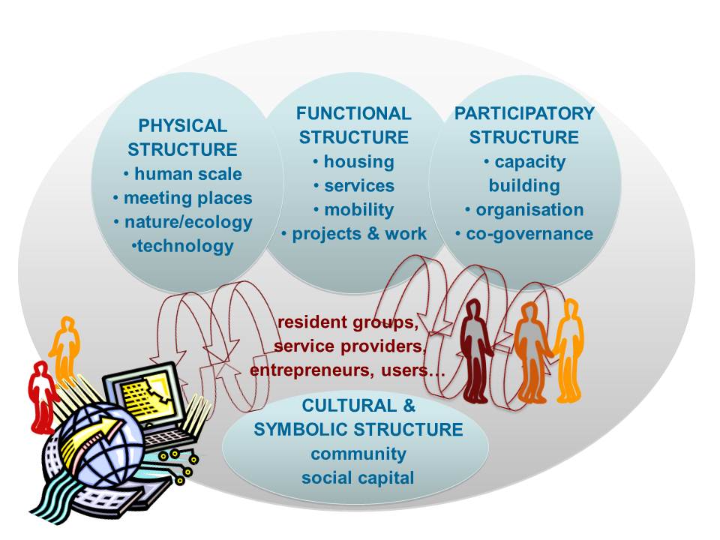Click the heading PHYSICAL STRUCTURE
tap(182, 137)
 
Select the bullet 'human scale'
tap(182, 174)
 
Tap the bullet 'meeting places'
tap(182, 199)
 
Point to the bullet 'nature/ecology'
tap(182, 223)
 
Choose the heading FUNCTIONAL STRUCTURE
tap(354, 125)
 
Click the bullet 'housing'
tap(354, 161)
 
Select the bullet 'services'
tap(354, 185)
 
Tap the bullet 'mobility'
tap(354, 209)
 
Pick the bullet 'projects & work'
tap(354, 233)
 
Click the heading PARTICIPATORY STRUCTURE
tap(524, 125)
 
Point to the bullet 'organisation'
tap(524, 209)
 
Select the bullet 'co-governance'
tap(524, 233)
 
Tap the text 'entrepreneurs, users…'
tap(347, 370)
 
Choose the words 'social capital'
tap(358, 477)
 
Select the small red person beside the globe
tap(42, 394)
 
